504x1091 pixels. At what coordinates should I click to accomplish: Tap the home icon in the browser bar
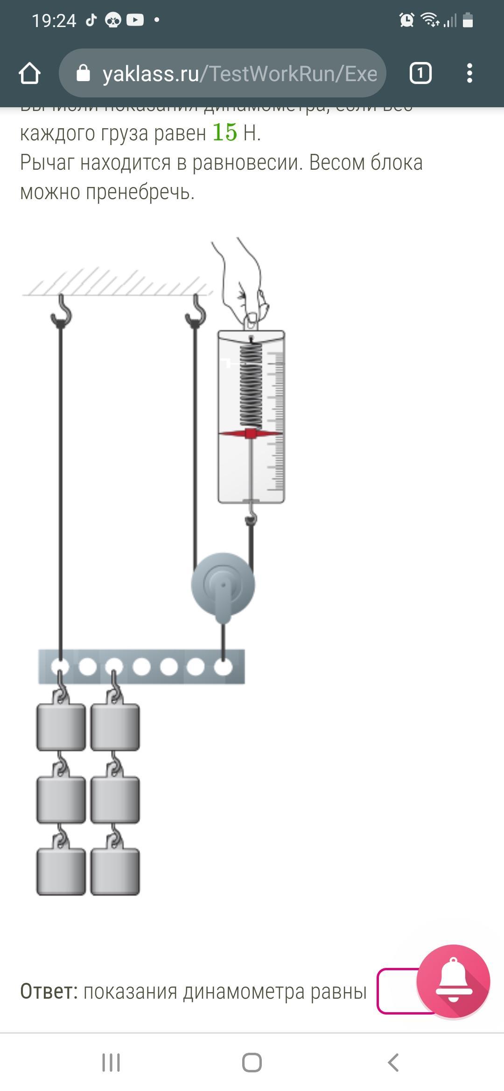click(x=29, y=74)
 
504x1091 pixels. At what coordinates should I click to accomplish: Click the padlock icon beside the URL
click(x=83, y=73)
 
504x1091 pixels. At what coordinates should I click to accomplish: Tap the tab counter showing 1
click(x=420, y=73)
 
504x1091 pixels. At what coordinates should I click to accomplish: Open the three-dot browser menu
click(x=469, y=73)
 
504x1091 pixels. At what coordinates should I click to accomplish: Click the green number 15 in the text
click(x=224, y=132)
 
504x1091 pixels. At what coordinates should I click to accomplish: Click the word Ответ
click(x=49, y=991)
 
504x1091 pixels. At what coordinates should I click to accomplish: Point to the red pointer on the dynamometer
click(x=251, y=434)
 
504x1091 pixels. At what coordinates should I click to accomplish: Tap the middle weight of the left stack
click(x=61, y=799)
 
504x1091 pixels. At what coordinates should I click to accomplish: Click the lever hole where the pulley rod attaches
click(x=223, y=667)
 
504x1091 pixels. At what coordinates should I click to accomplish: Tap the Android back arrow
click(x=393, y=1063)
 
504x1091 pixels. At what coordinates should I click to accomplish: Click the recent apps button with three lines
click(x=111, y=1063)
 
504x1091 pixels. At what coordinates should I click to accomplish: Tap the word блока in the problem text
click(x=396, y=163)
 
